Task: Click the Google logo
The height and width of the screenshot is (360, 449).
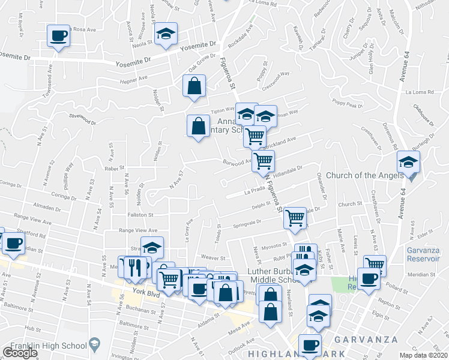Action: pyautogui.click(x=19, y=353)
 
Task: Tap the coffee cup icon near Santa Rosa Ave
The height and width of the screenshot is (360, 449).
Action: pyautogui.click(x=58, y=36)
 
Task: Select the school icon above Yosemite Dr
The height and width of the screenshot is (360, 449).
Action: pyautogui.click(x=166, y=34)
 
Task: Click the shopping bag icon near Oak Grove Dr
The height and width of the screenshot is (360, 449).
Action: pyautogui.click(x=194, y=86)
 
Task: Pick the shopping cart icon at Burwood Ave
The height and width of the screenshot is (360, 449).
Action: pyautogui.click(x=263, y=161)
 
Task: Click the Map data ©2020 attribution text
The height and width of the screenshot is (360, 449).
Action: pyautogui.click(x=424, y=355)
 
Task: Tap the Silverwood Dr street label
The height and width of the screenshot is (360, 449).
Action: pyautogui.click(x=82, y=119)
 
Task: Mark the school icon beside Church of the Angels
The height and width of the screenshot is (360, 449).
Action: pyautogui.click(x=408, y=162)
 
